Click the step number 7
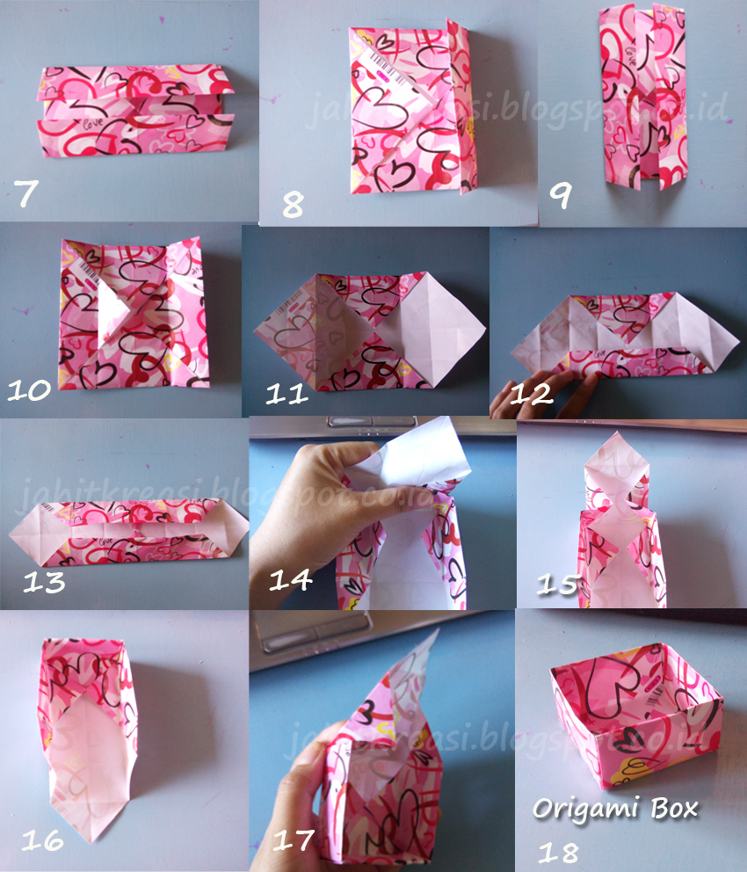(27, 193)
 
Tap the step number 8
(293, 205)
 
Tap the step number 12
(533, 392)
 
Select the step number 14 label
(290, 580)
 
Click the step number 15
(558, 583)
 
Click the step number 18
(559, 848)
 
